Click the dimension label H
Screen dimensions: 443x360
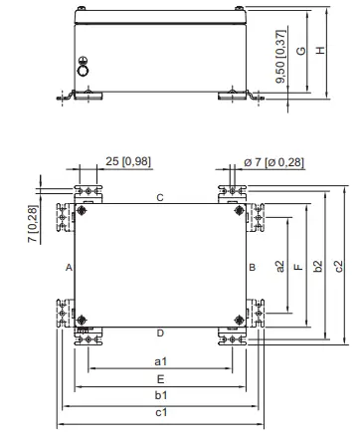pos(320,52)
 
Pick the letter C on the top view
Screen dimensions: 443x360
pos(159,198)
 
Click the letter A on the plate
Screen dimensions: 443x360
pos(69,268)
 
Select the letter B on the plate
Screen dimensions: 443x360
pos(252,268)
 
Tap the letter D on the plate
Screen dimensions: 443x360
pos(159,332)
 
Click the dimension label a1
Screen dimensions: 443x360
pos(160,361)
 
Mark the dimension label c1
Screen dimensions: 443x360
pos(160,412)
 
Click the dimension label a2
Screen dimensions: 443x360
pos(280,266)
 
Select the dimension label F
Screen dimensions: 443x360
pos(298,266)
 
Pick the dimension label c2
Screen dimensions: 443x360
pos(338,266)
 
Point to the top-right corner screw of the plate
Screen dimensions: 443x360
pos(237,211)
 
